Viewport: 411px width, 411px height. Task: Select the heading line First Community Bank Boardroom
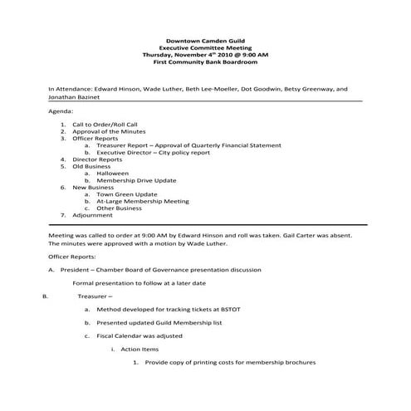[205, 62]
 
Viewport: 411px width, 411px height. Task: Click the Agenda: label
[61, 110]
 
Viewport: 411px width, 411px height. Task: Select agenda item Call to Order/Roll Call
[110, 124]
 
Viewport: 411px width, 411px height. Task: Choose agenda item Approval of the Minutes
[112, 131]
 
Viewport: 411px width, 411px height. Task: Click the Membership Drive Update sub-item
[137, 180]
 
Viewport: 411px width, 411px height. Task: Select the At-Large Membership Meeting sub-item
[143, 202]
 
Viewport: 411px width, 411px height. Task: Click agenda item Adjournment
[92, 215]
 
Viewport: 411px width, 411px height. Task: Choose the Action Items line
[139, 349]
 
